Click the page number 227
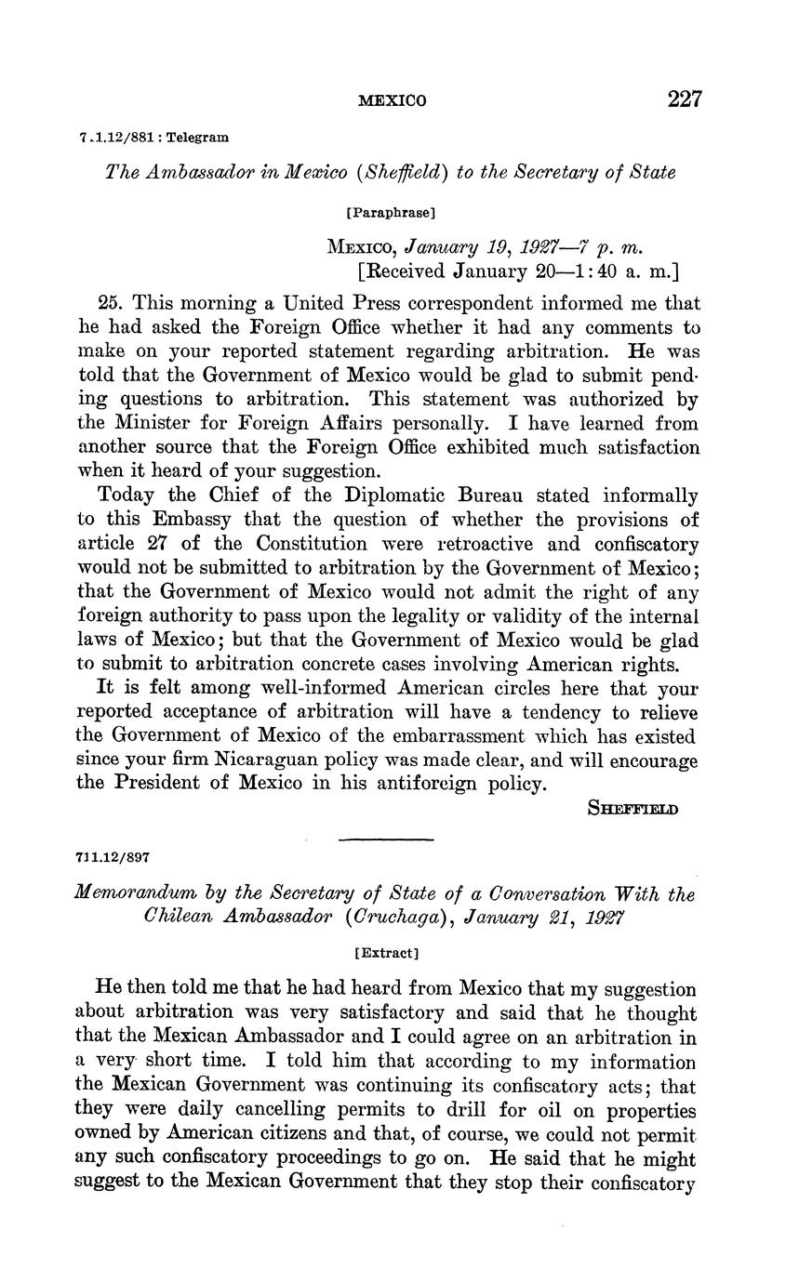[684, 99]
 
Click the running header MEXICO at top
[393, 101]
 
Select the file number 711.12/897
[110, 857]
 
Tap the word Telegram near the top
[197, 138]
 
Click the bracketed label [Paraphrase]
[391, 213]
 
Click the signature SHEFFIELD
[633, 808]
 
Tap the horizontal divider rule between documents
[386, 840]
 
